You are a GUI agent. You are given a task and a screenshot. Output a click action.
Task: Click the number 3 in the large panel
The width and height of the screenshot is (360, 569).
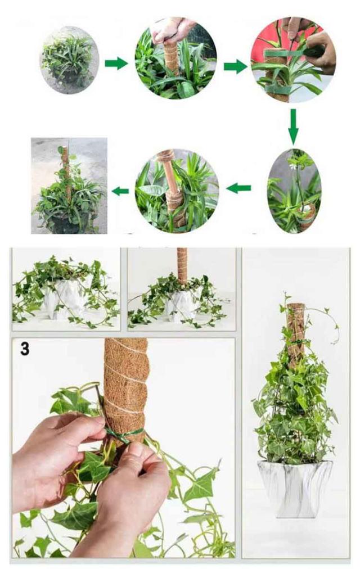(x=25, y=349)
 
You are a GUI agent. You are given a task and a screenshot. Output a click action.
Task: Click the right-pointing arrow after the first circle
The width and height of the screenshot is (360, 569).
(x=116, y=64)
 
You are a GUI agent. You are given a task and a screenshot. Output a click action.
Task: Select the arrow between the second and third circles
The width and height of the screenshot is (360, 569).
(x=236, y=66)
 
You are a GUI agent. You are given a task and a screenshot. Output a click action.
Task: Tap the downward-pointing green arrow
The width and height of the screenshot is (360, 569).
(x=293, y=127)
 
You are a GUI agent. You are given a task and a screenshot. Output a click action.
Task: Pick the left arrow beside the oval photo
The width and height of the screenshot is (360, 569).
(x=238, y=188)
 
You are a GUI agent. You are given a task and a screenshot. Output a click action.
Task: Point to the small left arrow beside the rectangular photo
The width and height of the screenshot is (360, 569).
(x=120, y=191)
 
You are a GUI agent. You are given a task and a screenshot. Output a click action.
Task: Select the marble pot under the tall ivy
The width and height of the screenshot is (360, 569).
(x=295, y=488)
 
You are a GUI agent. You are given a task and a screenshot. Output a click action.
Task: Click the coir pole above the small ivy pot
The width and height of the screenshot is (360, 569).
(x=182, y=265)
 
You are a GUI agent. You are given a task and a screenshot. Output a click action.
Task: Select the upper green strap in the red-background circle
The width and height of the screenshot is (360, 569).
(x=290, y=53)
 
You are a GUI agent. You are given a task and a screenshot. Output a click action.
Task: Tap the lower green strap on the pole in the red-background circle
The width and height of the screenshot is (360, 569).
(x=278, y=89)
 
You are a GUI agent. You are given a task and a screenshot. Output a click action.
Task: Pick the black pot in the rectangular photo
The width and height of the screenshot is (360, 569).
(x=69, y=223)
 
